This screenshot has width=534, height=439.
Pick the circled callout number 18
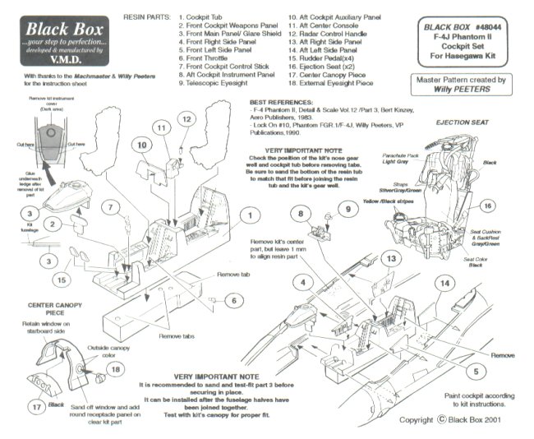pyautogui.click(x=114, y=371)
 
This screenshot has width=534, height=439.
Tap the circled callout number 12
pyautogui.click(x=186, y=119)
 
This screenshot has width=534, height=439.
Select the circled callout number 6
pyautogui.click(x=233, y=301)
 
